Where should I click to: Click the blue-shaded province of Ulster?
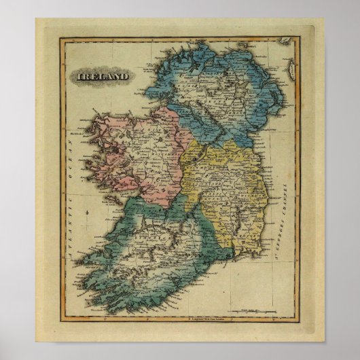[x=217, y=88]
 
